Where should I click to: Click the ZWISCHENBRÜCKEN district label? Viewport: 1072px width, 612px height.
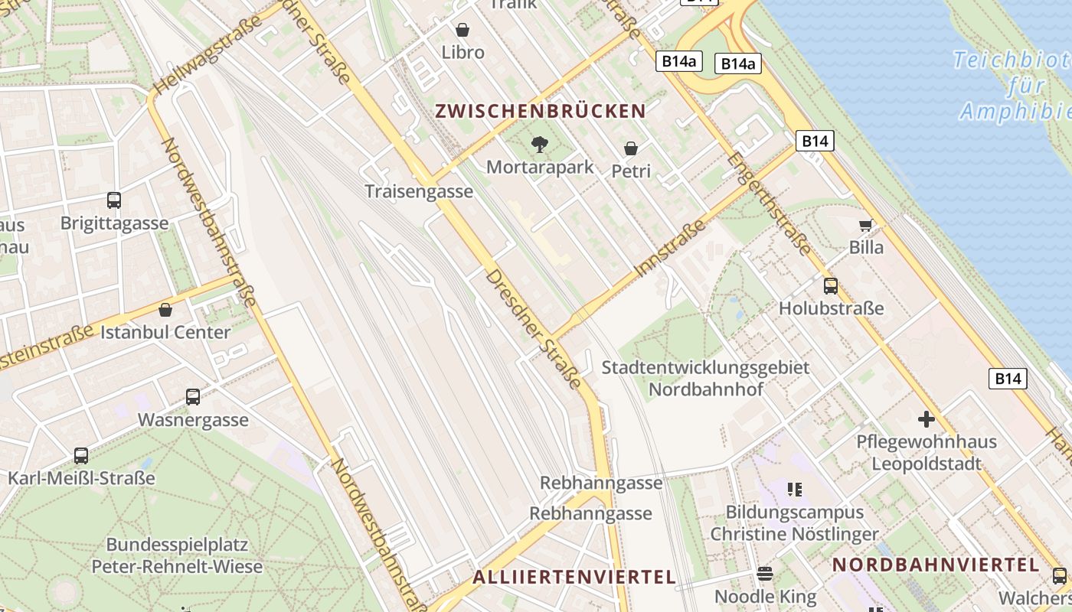(x=541, y=111)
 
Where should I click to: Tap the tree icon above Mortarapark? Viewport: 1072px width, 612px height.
(x=540, y=144)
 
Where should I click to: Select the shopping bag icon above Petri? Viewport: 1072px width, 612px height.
(x=631, y=148)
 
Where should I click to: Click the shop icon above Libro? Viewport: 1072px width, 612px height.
(x=462, y=30)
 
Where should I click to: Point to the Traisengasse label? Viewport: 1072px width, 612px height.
(x=419, y=191)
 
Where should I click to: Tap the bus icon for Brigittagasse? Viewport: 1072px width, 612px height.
(x=114, y=200)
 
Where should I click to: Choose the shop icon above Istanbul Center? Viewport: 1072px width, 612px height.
(x=165, y=310)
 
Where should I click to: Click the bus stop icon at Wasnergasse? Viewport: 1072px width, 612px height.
(x=193, y=397)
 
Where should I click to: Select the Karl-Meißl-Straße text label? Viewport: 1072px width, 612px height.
(x=81, y=479)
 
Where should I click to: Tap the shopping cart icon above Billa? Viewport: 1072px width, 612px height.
(x=865, y=225)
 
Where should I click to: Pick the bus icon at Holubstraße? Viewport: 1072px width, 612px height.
(x=831, y=286)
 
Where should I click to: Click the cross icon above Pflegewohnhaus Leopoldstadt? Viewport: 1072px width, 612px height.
(x=927, y=419)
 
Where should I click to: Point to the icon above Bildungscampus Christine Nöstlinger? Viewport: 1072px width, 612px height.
(x=794, y=489)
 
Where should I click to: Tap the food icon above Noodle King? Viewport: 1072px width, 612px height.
(x=765, y=573)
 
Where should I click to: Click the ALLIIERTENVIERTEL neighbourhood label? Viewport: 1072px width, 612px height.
(x=574, y=577)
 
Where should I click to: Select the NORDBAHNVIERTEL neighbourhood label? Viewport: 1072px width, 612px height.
(x=936, y=565)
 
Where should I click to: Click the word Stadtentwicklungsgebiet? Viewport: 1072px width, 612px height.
(x=705, y=367)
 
